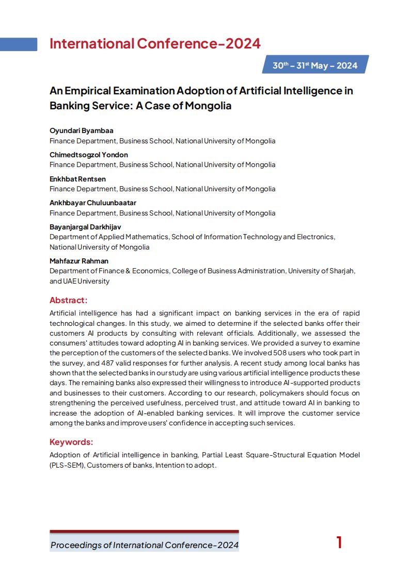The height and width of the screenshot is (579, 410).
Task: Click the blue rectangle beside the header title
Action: (19, 44)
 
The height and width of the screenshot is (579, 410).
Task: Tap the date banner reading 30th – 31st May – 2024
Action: (315, 65)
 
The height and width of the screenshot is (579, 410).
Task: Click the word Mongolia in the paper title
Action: (208, 106)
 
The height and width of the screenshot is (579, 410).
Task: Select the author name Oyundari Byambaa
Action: (81, 130)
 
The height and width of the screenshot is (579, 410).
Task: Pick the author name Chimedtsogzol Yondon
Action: (89, 155)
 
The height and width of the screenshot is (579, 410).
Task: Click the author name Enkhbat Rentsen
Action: (78, 178)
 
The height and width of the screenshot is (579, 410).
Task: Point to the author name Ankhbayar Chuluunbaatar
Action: (93, 203)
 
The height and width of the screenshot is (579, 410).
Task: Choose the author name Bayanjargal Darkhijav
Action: (85, 227)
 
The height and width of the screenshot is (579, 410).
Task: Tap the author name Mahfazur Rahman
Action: (79, 261)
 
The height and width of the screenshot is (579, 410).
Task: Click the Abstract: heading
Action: (69, 300)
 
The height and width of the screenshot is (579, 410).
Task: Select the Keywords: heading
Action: (71, 442)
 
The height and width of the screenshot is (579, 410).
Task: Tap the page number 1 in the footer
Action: (339, 542)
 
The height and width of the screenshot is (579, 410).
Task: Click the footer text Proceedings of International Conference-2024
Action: (145, 545)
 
